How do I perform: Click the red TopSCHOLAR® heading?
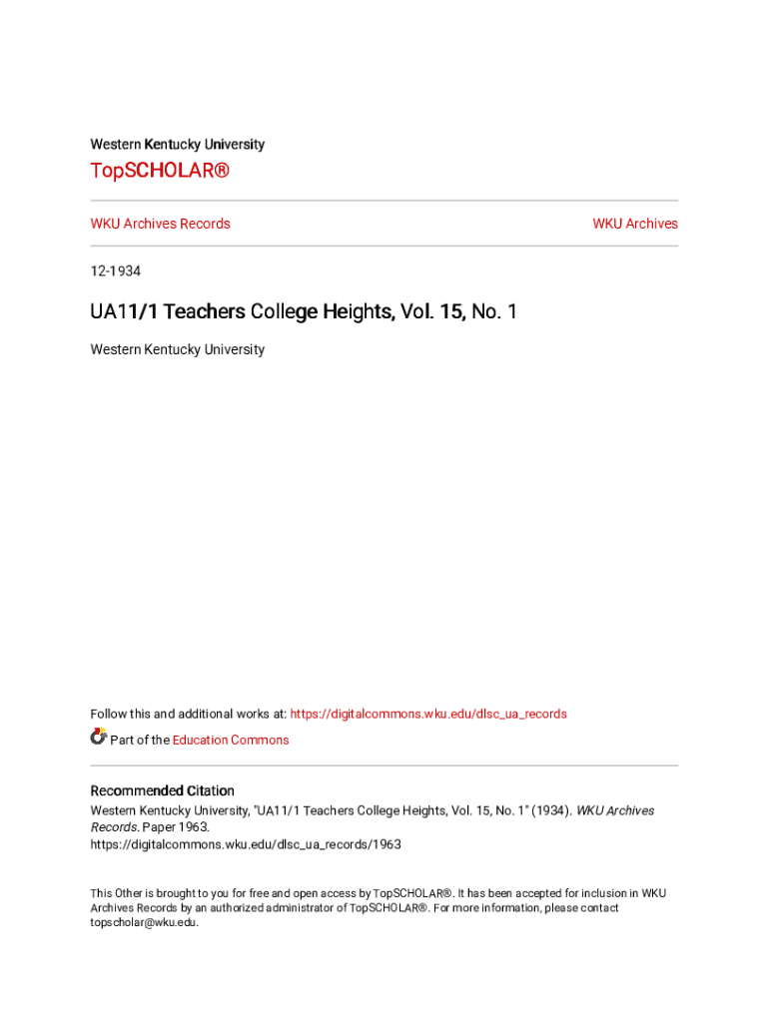[160, 171]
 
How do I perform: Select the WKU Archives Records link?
[160, 224]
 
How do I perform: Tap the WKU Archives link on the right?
[634, 224]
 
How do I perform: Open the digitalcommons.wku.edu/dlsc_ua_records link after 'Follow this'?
[427, 714]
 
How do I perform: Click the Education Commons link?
[231, 740]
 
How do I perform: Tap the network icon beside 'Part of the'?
[99, 738]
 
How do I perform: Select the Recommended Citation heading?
[163, 790]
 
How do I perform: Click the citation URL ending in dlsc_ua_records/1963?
[246, 844]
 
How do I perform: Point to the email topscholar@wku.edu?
[144, 923]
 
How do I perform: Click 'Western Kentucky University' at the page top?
[178, 145]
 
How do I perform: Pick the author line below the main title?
[178, 349]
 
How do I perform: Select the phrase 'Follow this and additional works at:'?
[189, 714]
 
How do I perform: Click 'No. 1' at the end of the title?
[494, 312]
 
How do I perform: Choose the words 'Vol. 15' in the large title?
[432, 312]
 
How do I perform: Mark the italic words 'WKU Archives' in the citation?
[615, 810]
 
